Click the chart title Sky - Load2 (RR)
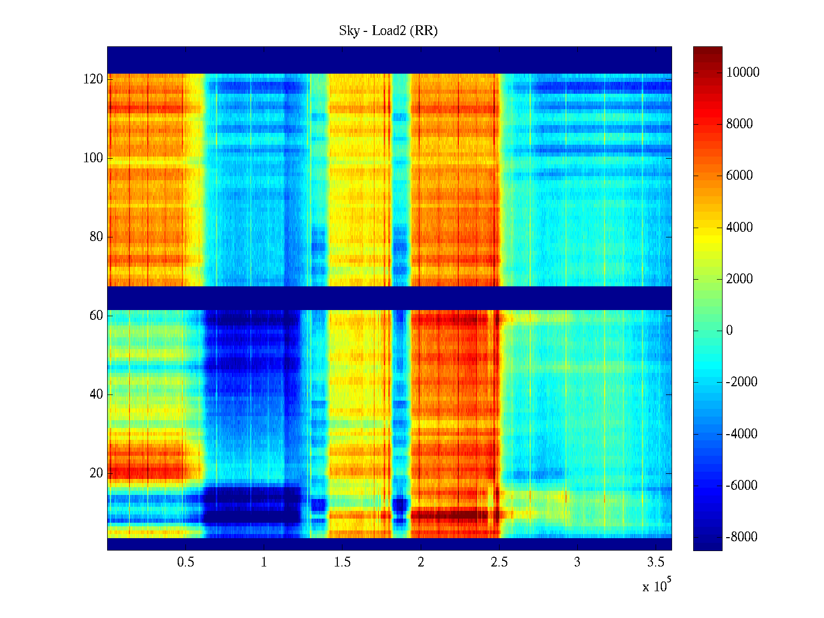(x=388, y=31)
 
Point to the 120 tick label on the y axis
(x=93, y=79)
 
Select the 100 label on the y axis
(x=93, y=158)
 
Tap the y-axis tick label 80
(x=96, y=237)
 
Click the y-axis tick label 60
(x=96, y=316)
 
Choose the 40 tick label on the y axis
(x=96, y=394)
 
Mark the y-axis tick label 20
(x=96, y=473)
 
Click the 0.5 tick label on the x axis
(x=185, y=562)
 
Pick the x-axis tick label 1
(x=264, y=562)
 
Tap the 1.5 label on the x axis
(x=342, y=562)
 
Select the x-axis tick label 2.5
(x=499, y=562)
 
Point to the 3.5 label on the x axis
(x=656, y=562)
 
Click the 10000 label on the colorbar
(x=743, y=73)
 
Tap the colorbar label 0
(x=729, y=331)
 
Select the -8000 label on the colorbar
(x=742, y=537)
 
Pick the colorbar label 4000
(x=740, y=228)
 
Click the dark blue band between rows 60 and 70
(x=389, y=298)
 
